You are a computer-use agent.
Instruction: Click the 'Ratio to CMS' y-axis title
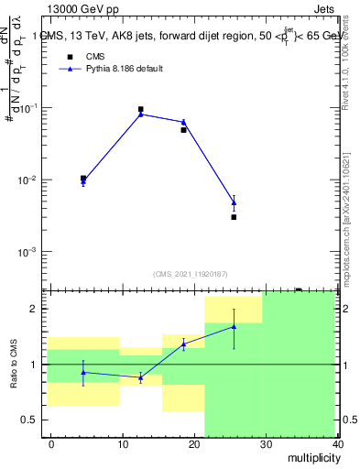(x=13, y=365)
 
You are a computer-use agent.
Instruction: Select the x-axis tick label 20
(x=194, y=444)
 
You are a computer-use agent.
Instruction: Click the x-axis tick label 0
(x=51, y=444)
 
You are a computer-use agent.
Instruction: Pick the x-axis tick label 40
(x=337, y=444)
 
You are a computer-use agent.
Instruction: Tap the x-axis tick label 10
(x=123, y=444)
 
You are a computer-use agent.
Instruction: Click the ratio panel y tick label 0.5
(x=33, y=420)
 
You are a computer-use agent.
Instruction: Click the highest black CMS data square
(x=140, y=109)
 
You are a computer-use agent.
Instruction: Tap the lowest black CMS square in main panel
(x=234, y=217)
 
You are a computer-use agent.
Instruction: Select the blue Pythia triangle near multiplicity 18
(x=183, y=122)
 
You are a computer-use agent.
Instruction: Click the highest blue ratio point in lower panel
(x=234, y=326)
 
